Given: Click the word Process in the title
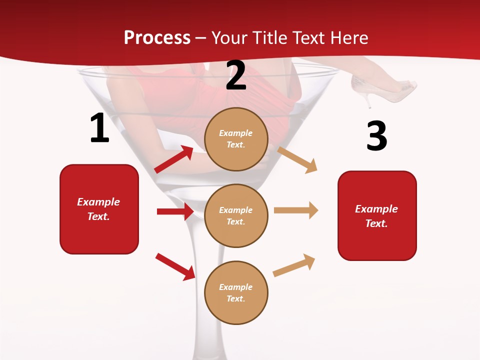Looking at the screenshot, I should point(157,37).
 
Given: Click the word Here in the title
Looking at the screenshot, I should point(347,37).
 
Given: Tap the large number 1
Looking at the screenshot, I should point(99,128).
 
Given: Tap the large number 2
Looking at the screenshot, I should point(236,75).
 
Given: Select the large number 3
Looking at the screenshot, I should point(376,136).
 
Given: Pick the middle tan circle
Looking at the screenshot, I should point(236,215).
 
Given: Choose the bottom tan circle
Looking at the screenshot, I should point(236,292).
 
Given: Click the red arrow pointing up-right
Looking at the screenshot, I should point(174,159).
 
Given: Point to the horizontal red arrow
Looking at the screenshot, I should point(175,211).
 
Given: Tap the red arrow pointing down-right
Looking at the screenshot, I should point(175,266).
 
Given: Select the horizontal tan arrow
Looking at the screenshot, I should point(296,210).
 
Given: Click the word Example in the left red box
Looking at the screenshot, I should point(98,202).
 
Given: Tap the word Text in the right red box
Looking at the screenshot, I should point(376,223).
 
